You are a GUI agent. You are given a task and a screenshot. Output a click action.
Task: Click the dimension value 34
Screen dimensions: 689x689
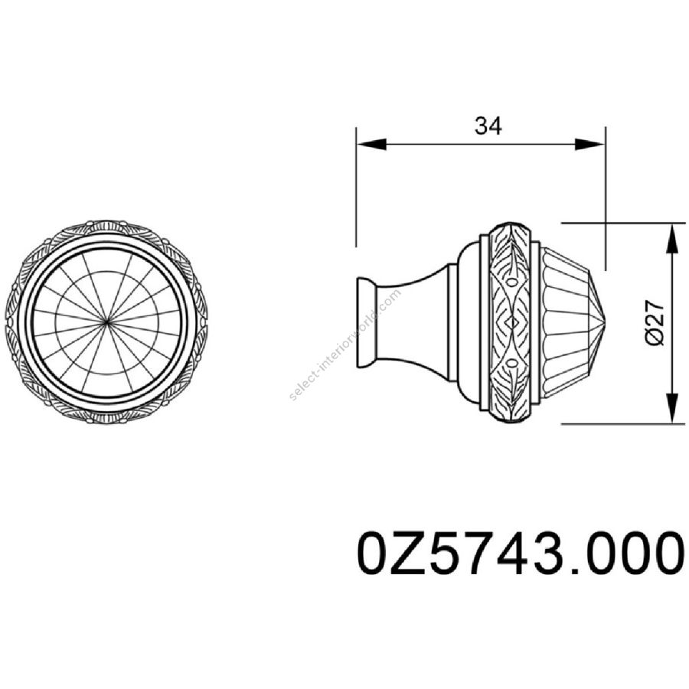point(488,126)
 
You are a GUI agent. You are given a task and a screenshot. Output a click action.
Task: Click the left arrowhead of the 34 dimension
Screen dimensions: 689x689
point(372,144)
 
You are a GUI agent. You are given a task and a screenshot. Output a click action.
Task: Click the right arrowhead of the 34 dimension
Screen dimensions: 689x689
point(590,144)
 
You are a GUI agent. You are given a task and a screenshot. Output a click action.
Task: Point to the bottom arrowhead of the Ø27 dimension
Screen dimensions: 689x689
point(672,409)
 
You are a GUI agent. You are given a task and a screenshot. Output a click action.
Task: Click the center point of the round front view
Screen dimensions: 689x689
point(107,323)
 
